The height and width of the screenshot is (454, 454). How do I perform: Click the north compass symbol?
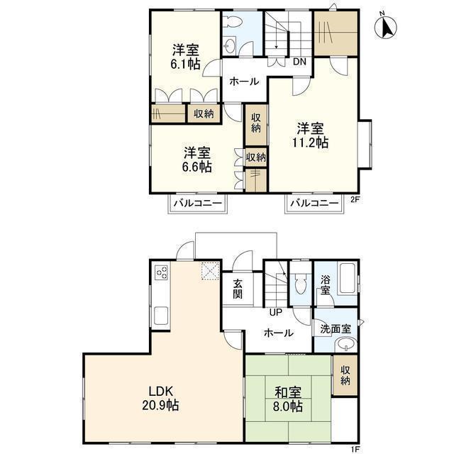tap(385, 27)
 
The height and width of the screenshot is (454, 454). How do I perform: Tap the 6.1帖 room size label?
tap(185, 64)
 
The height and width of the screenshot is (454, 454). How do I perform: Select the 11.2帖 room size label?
tap(311, 143)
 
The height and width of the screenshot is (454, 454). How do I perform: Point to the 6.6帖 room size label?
tap(197, 167)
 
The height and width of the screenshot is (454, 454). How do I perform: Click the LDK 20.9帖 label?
tap(160, 399)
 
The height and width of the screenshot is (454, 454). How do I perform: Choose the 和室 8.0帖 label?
tap(288, 399)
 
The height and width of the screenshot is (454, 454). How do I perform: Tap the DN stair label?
tap(299, 62)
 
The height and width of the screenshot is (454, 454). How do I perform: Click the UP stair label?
tap(276, 312)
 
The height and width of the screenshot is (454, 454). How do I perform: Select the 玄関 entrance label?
tap(238, 289)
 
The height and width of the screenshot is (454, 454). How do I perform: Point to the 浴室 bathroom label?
tap(326, 285)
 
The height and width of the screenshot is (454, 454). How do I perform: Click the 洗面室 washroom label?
tap(336, 329)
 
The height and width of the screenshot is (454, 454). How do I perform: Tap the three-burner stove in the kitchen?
tap(162, 272)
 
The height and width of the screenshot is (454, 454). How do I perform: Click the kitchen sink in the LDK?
tap(161, 316)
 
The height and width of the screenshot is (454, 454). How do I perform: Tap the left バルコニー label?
tap(198, 204)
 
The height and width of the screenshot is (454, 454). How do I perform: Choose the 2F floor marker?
tap(355, 199)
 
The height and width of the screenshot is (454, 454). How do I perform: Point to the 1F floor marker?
tap(355, 450)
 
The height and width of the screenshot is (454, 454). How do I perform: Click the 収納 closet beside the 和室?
tap(345, 375)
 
